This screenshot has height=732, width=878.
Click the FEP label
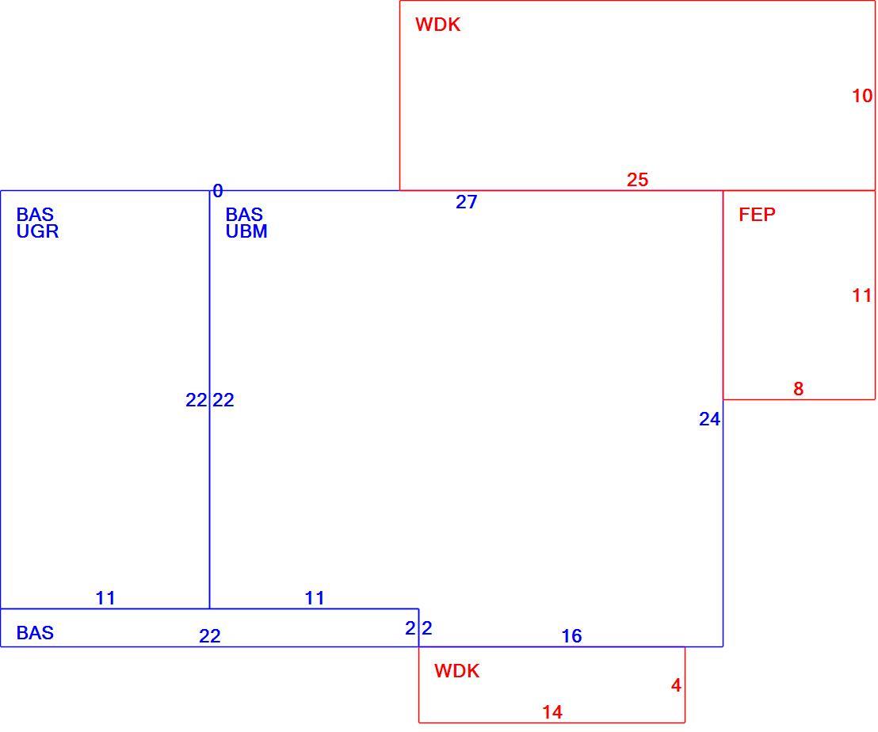(757, 215)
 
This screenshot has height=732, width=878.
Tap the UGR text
(37, 231)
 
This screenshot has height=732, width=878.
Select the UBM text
(246, 231)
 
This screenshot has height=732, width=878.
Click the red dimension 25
(637, 180)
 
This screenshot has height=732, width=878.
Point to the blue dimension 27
(467, 201)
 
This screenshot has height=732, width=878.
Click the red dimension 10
(862, 96)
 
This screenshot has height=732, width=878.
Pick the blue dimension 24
(709, 418)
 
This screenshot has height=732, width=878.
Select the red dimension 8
(799, 388)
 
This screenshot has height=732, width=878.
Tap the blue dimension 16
(571, 635)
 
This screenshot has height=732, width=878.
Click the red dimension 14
(552, 712)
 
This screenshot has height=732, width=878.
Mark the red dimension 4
(676, 685)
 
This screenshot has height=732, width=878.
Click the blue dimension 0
(218, 191)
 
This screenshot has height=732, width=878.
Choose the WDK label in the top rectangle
(438, 25)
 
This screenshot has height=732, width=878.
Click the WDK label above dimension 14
(457, 670)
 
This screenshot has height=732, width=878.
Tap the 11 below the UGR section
(105, 597)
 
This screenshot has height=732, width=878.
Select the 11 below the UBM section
(315, 597)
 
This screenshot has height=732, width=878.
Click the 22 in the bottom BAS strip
(210, 635)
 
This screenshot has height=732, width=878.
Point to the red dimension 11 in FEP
(862, 295)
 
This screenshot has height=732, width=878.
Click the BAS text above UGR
(35, 215)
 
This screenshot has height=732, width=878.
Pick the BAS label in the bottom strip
(35, 632)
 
